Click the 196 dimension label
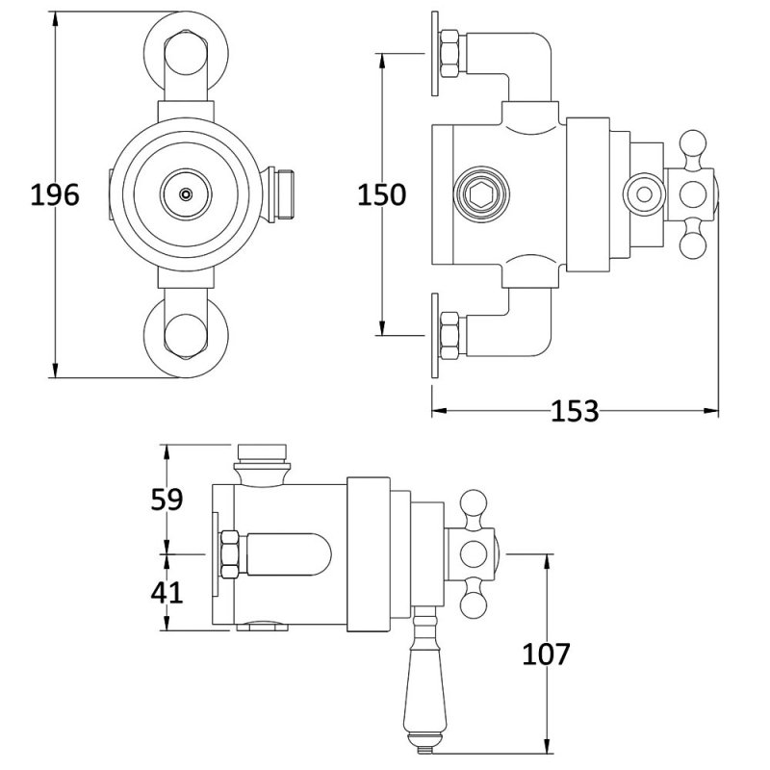[x=54, y=195]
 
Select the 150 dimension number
[x=381, y=195]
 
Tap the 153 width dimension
[x=575, y=411]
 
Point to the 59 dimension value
[x=167, y=499]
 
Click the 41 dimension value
[x=167, y=591]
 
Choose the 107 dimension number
[x=547, y=654]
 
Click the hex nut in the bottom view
[x=229, y=554]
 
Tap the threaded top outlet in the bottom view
[x=262, y=452]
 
